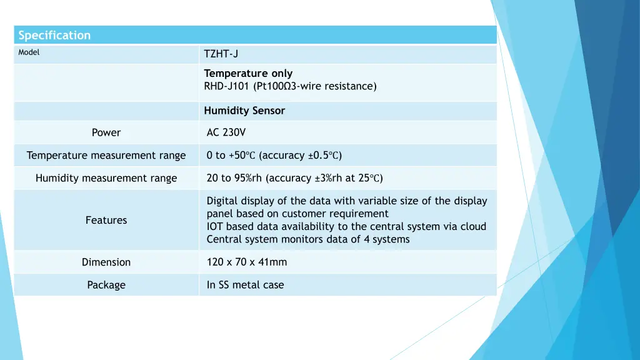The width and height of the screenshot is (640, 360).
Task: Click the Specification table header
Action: click(x=54, y=35)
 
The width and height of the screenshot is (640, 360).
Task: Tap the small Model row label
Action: click(x=29, y=52)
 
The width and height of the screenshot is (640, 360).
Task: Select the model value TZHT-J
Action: click(x=221, y=54)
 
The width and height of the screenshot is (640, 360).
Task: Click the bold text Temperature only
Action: click(x=248, y=73)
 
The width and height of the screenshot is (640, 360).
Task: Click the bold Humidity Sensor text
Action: click(x=244, y=111)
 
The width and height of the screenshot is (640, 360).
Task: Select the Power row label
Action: click(x=106, y=132)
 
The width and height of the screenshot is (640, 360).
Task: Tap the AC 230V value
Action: click(x=226, y=132)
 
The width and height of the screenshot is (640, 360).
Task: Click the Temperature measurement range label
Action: click(x=106, y=156)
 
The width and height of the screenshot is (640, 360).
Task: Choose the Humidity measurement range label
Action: click(x=106, y=179)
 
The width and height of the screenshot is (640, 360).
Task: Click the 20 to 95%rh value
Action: click(x=234, y=178)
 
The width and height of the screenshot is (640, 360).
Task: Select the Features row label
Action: click(x=106, y=220)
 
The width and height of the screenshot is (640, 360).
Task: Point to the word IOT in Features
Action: click(x=215, y=226)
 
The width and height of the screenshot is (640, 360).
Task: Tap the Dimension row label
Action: click(x=106, y=262)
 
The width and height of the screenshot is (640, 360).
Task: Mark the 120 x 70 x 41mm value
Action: click(x=247, y=262)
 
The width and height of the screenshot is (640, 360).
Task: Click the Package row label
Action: click(x=106, y=285)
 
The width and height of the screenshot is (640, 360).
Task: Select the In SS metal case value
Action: click(x=245, y=285)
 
